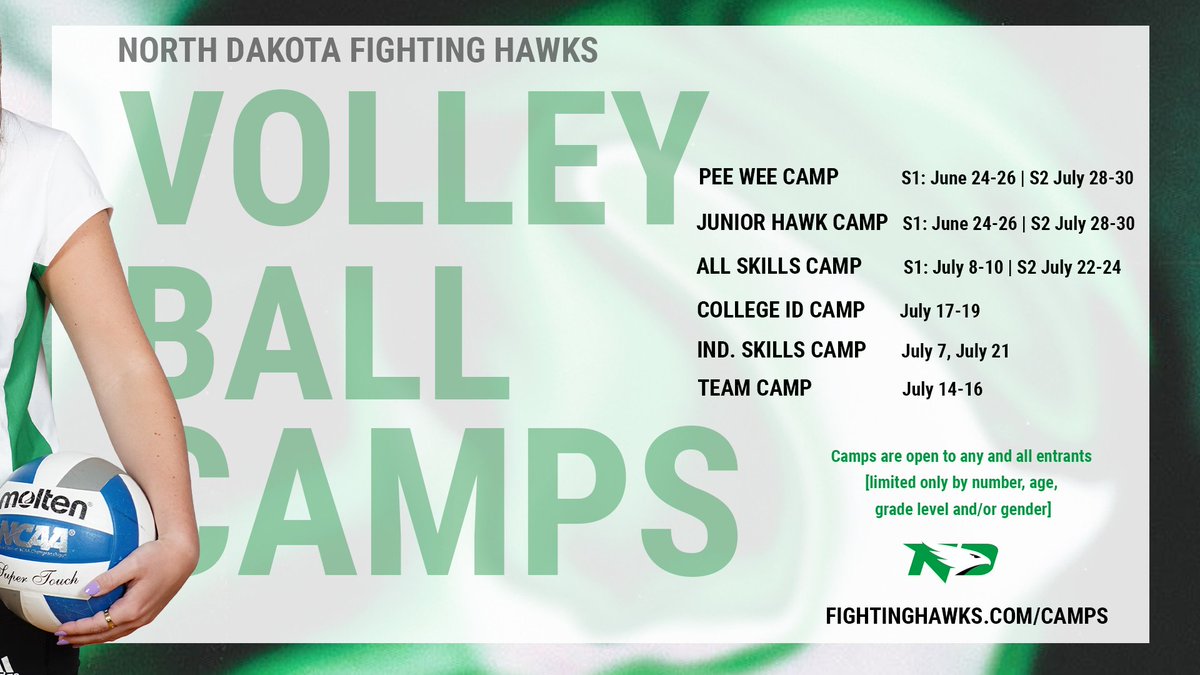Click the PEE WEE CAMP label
[x=768, y=178]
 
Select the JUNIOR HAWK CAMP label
[x=792, y=223]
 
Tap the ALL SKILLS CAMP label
[x=779, y=266]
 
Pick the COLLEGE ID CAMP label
[x=781, y=310]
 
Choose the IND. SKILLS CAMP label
[x=781, y=350]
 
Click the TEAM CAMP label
[x=754, y=388]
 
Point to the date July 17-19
[x=939, y=311]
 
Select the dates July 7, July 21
[x=955, y=351]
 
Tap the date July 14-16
[x=942, y=389]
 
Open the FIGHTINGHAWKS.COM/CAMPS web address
[x=966, y=616]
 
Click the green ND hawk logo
[x=950, y=561]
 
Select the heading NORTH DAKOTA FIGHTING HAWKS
[x=358, y=50]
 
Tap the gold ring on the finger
[x=109, y=619]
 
